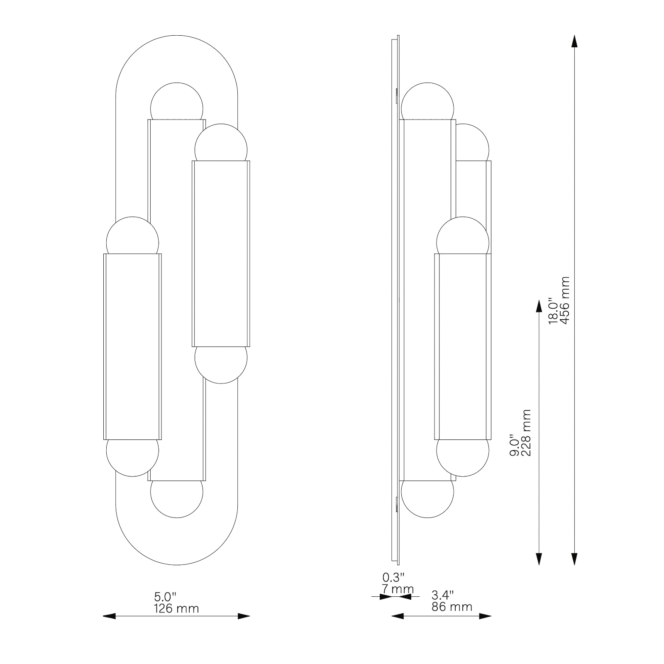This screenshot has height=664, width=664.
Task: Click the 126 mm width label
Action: coord(176,608)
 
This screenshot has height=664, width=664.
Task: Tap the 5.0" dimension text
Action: coord(165,597)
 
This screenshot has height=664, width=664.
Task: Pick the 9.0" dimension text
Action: coord(514,446)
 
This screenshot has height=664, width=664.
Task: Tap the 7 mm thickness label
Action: coord(398,588)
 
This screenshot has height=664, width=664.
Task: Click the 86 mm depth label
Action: coord(452,607)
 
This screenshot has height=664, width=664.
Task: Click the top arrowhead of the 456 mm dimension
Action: coord(574,42)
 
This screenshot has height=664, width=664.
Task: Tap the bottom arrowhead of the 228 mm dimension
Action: coord(539,559)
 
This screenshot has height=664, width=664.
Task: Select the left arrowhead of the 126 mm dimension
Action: coord(109,616)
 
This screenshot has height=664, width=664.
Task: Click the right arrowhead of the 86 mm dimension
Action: coord(485,616)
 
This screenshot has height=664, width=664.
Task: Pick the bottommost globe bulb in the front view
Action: coord(177,499)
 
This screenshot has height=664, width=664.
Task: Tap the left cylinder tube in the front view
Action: coord(132,347)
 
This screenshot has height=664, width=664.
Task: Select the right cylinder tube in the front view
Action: coord(221,254)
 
